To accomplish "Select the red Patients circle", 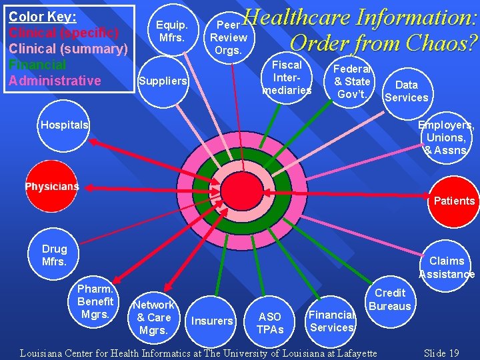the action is tap(453, 201).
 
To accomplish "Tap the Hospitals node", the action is tap(64, 125).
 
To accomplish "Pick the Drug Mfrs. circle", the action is tap(55, 255).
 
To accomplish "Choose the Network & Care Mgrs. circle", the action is tap(154, 317).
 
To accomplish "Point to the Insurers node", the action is tap(212, 321).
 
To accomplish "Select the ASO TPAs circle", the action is tap(270, 323).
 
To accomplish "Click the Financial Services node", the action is tap(331, 321).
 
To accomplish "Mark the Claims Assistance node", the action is tap(447, 267).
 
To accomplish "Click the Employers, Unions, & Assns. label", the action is tap(447, 137).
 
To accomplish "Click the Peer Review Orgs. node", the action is tap(229, 37).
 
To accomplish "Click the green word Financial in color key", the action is tap(37, 65).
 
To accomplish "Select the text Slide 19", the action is tap(441, 353).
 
